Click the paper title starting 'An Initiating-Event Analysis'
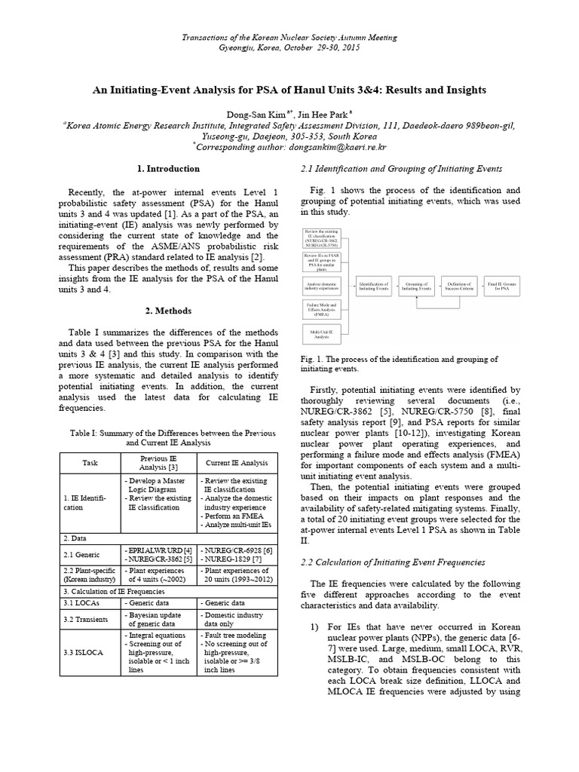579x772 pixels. [289, 90]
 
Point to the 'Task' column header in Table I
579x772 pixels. [90, 461]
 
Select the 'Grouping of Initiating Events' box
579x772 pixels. [416, 286]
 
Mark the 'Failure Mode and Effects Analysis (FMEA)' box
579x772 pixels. [322, 309]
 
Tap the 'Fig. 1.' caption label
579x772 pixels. [311, 359]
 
